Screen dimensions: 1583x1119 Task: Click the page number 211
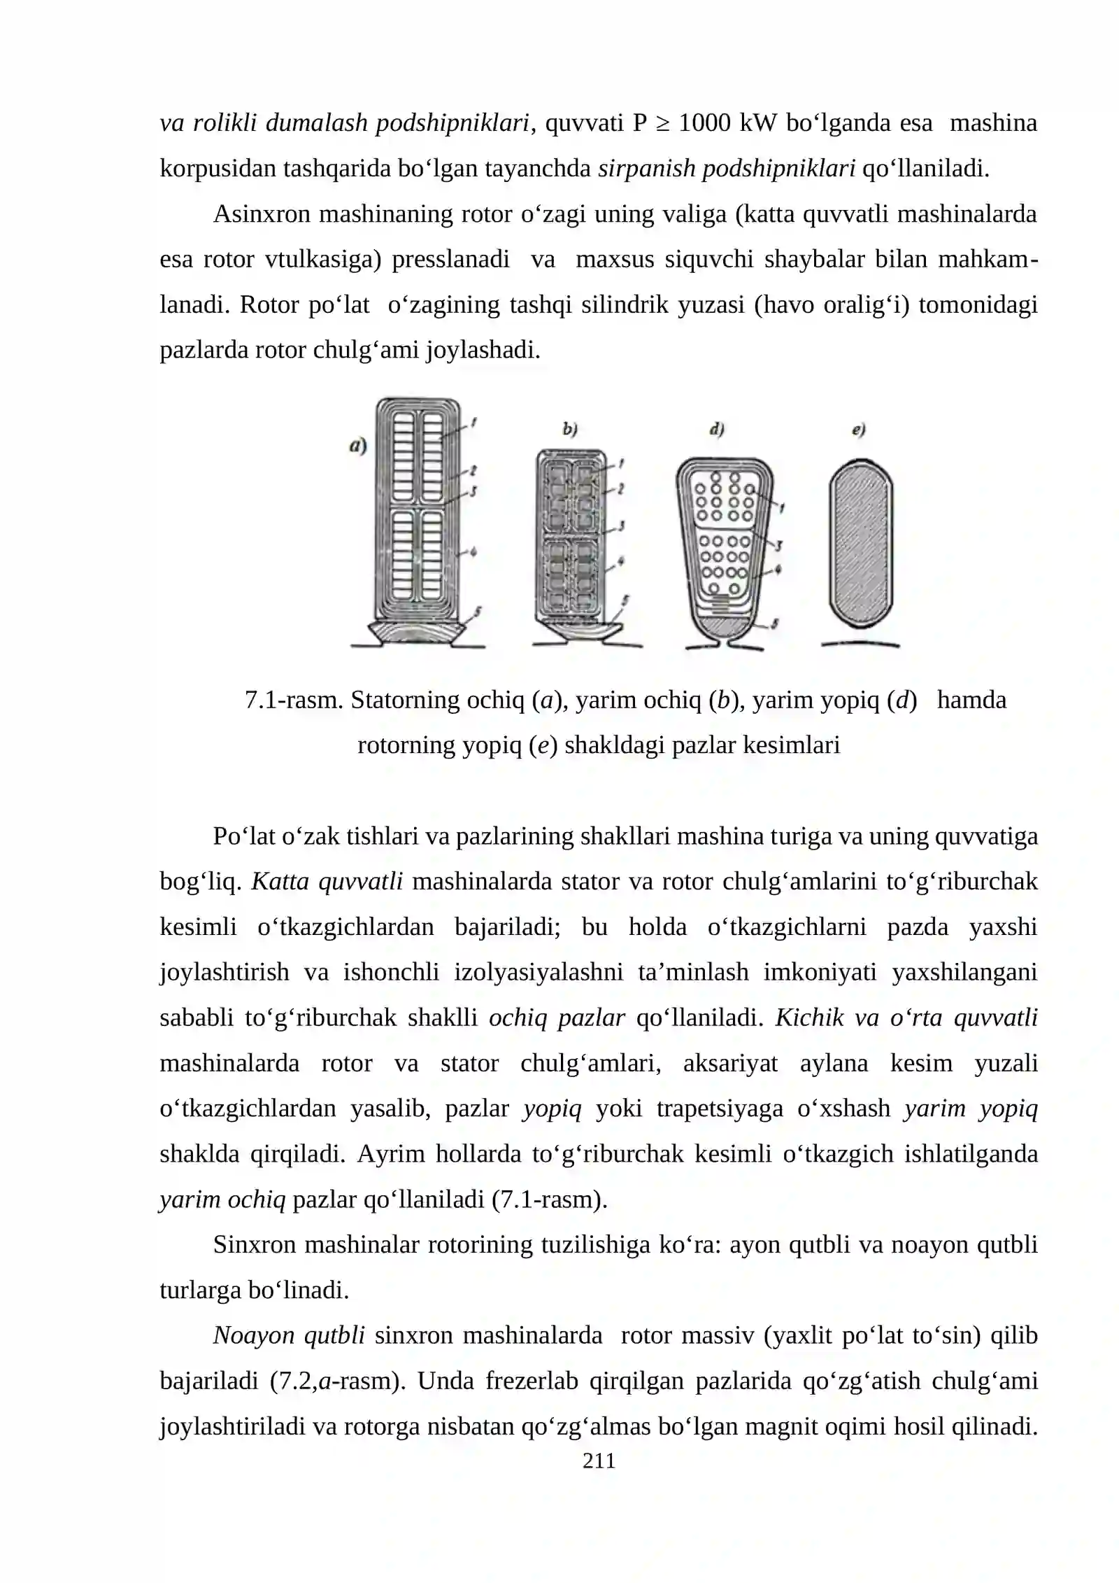point(599,1461)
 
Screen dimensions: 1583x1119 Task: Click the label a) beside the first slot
point(358,446)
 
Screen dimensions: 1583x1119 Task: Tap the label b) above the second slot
point(570,430)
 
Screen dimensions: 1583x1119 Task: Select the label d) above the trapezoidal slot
point(716,430)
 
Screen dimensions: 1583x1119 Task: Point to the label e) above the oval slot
point(859,430)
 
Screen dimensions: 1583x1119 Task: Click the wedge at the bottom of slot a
point(418,633)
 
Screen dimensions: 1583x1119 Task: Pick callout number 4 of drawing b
point(621,560)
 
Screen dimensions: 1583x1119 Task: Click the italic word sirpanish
point(646,169)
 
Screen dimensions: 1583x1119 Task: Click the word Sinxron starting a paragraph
point(257,1244)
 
